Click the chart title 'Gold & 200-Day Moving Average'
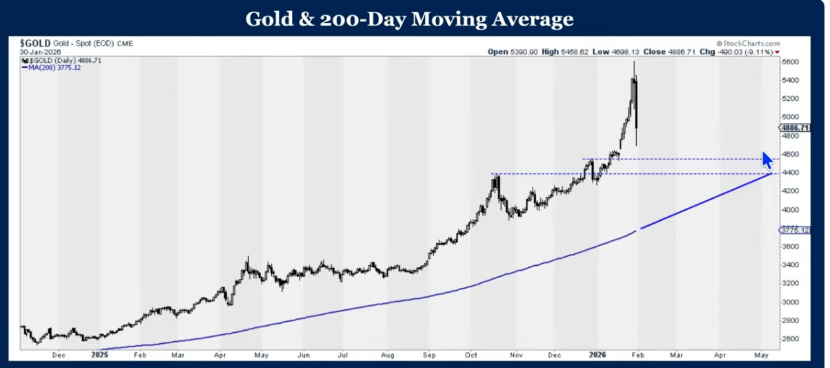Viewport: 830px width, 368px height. [x=409, y=19]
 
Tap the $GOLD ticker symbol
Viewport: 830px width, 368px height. [x=35, y=43]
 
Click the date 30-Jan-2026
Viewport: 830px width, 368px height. [x=41, y=52]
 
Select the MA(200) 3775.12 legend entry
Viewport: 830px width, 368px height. [x=52, y=68]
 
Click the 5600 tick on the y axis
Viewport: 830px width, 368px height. [x=790, y=62]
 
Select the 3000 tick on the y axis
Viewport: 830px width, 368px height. [x=790, y=302]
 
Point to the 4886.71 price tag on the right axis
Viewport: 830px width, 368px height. [x=794, y=128]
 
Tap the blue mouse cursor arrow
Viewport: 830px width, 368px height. [x=767, y=159]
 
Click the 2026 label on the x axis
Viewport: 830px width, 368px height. [x=598, y=355]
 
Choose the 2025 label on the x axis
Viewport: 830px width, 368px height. [x=100, y=355]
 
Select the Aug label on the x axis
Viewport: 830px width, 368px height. [x=388, y=355]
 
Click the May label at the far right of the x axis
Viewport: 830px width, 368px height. [x=761, y=355]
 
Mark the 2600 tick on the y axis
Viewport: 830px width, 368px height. [x=790, y=339]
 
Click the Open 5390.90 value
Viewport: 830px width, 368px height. [x=504, y=52]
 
